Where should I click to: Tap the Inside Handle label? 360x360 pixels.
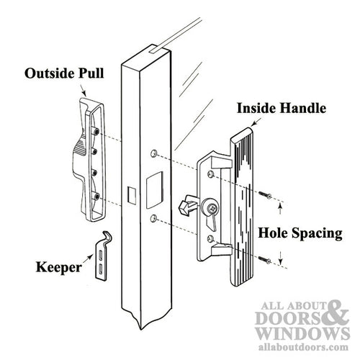click(282, 109)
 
